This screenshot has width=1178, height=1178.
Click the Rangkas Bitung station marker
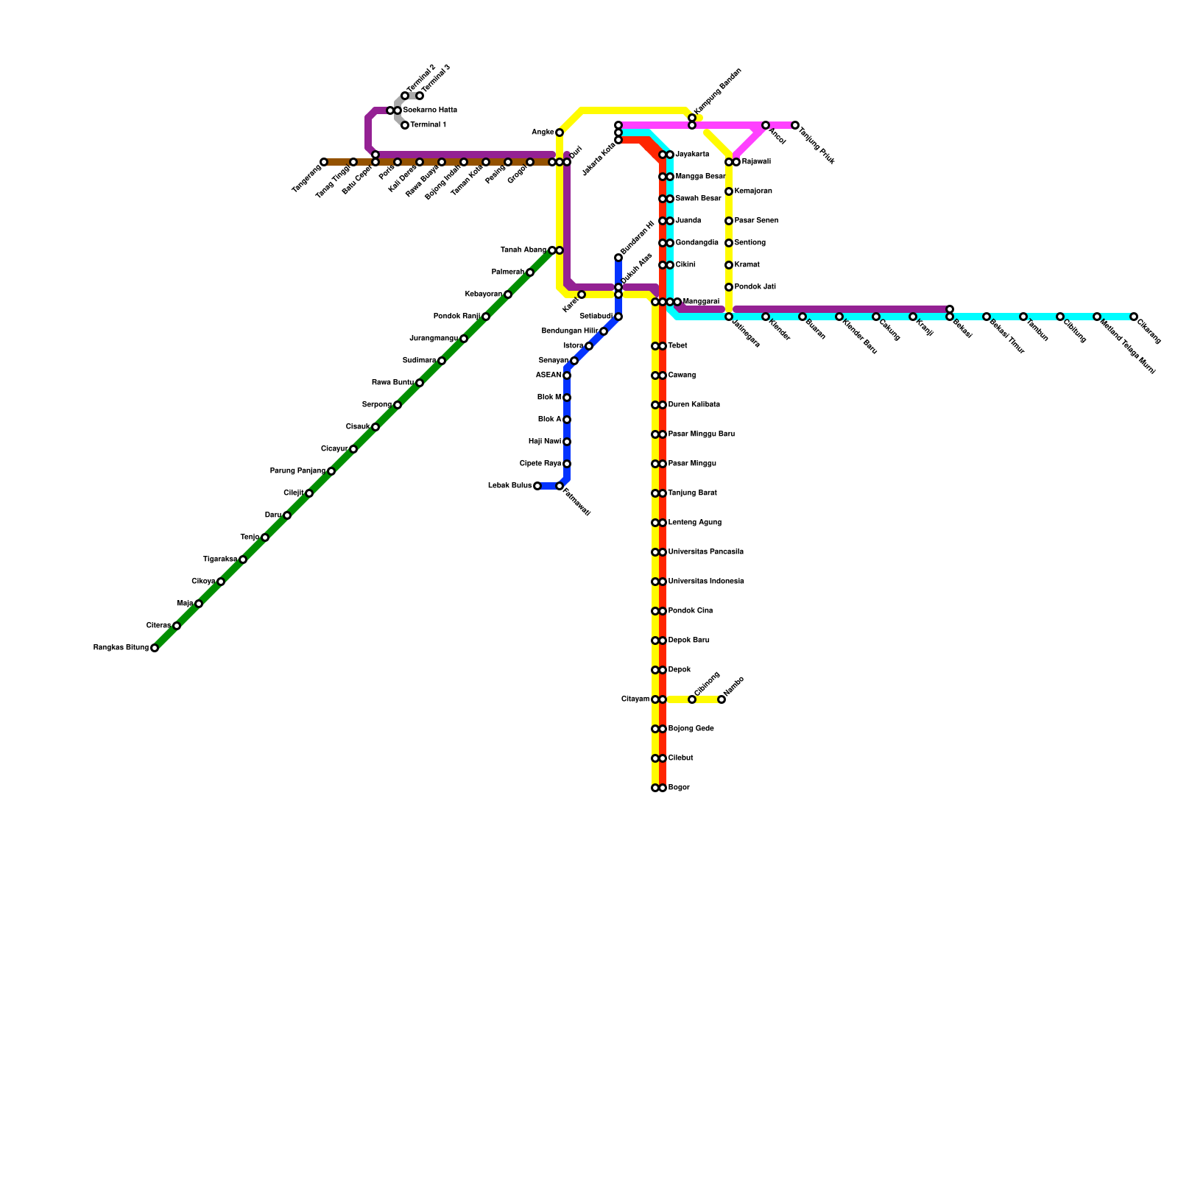[155, 648]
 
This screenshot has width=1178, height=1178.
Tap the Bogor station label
[679, 788]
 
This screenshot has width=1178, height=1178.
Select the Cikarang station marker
[1134, 317]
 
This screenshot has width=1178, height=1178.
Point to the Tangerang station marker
[324, 162]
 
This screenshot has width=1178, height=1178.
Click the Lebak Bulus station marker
[537, 486]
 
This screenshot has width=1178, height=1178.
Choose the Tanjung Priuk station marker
[795, 125]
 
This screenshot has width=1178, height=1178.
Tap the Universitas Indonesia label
[706, 582]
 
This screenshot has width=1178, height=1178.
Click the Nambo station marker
[722, 699]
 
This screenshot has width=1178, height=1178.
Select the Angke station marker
[560, 133]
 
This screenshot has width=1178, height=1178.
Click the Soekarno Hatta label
[430, 110]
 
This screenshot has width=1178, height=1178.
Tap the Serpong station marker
[398, 405]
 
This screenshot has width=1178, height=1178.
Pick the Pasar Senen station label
[756, 221]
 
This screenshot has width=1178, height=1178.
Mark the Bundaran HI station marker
[618, 258]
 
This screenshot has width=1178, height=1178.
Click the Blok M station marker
[567, 398]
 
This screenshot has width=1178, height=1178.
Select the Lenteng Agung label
[695, 523]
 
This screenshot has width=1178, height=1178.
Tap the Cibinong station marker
[692, 699]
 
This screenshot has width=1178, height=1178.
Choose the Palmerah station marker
[530, 272]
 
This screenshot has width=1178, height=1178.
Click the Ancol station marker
[766, 125]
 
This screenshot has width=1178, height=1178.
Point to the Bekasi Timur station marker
[987, 317]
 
